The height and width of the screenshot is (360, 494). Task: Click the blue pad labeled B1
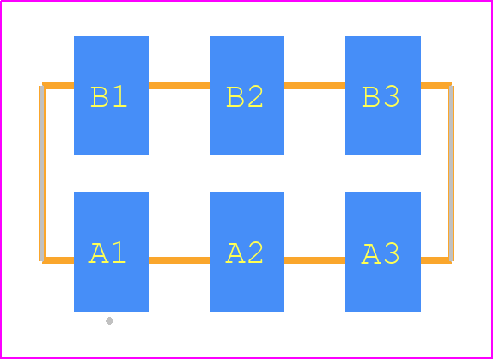[111, 95]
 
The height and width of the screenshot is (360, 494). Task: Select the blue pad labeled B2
[247, 95]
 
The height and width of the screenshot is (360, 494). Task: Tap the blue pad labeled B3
[383, 95]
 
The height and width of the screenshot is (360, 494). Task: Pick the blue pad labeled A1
[111, 252]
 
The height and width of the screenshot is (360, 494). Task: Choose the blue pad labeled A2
[247, 252]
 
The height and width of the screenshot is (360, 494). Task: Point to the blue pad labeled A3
[383, 252]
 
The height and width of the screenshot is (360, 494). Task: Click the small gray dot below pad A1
[109, 320]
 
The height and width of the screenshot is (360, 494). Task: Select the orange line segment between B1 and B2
[179, 86]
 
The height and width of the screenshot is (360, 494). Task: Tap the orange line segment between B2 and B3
[314, 86]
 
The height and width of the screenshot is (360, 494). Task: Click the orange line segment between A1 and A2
[179, 260]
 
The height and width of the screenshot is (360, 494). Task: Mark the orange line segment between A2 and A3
[314, 260]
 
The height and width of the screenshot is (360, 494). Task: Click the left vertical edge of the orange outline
[42, 174]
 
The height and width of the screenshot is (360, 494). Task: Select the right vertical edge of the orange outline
[451, 174]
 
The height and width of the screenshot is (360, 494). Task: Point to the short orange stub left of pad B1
[58, 86]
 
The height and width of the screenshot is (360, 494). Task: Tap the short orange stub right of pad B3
[436, 86]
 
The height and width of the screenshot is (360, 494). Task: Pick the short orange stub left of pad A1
[58, 260]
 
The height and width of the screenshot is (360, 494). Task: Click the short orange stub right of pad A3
[436, 260]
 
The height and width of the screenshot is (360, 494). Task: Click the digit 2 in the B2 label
[255, 96]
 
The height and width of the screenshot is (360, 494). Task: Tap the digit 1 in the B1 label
[120, 96]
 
